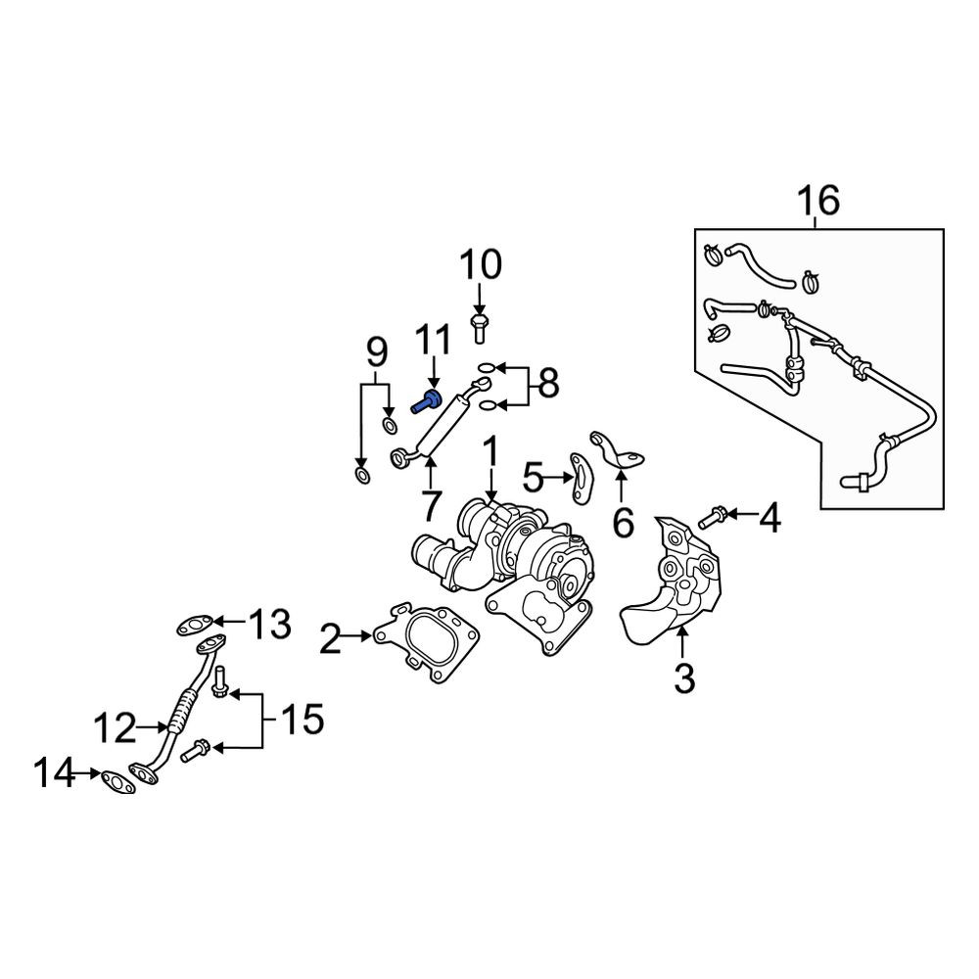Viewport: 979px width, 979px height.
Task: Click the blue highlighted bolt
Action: pos(426,401)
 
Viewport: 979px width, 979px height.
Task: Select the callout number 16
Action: pos(819,201)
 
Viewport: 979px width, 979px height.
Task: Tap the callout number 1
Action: pos(491,451)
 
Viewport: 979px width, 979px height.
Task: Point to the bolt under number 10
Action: pos(479,328)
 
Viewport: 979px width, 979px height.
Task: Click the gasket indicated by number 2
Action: pos(426,644)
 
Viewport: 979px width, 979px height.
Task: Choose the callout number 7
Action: pos(431,506)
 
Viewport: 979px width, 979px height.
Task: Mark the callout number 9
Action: pos(376,352)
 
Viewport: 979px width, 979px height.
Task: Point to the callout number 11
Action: pos(434,340)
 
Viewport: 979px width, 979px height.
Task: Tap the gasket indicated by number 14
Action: pos(118,781)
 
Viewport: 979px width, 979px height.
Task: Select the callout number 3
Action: pos(684,678)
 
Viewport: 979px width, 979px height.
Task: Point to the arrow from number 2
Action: pos(357,635)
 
